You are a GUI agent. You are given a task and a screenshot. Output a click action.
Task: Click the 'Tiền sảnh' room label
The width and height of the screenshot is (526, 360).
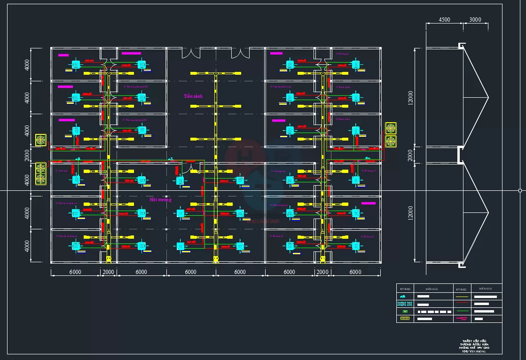click(x=193, y=96)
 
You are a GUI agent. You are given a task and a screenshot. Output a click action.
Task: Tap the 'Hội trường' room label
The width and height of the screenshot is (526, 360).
click(x=160, y=200)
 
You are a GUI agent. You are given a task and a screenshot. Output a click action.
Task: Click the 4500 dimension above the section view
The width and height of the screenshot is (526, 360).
click(x=444, y=20)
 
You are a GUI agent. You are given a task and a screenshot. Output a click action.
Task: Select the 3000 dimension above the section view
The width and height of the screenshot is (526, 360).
click(x=475, y=20)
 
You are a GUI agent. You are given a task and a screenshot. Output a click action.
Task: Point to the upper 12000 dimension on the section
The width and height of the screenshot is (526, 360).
click(x=411, y=97)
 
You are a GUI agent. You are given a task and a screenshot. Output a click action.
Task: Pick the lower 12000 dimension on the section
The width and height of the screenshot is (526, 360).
click(x=411, y=212)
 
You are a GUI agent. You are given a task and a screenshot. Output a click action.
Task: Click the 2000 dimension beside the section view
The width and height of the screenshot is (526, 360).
click(x=411, y=155)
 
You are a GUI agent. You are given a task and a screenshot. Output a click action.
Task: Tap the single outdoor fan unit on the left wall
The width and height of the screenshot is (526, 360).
click(x=41, y=140)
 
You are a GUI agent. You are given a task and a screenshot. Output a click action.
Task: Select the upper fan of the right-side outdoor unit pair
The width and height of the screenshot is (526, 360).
click(x=391, y=128)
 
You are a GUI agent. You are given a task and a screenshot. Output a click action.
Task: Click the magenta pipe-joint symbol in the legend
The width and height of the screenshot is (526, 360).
click(x=462, y=319)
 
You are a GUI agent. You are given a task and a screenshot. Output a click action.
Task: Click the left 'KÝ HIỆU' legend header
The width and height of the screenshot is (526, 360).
click(x=405, y=289)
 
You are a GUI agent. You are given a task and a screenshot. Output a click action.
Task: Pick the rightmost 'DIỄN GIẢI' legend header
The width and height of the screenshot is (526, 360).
click(x=486, y=289)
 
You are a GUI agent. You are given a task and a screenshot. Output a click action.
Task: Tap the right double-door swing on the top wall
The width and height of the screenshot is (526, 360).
click(x=241, y=52)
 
